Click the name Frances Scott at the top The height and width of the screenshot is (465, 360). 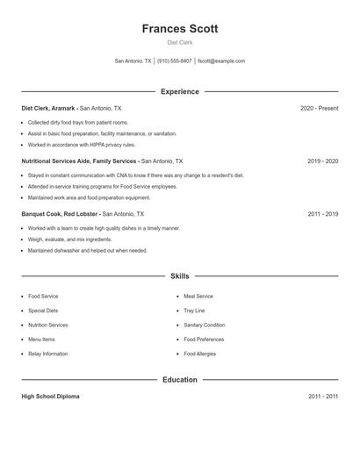[x=180, y=28]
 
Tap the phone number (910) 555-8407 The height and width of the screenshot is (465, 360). [x=176, y=61]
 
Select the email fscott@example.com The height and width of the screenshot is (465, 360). [x=221, y=61]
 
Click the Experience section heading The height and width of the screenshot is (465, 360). [x=180, y=91]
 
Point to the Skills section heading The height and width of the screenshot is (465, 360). [x=180, y=275]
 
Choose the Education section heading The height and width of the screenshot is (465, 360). [x=180, y=380]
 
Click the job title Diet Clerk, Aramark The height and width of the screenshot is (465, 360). [x=48, y=108]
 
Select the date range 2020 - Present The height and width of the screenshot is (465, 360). [x=319, y=108]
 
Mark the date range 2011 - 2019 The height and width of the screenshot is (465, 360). [x=322, y=213]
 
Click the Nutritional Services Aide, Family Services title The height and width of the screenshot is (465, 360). [x=79, y=161]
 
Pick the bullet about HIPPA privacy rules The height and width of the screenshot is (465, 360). [x=82, y=145]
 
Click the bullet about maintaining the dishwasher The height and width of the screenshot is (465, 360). [x=88, y=250]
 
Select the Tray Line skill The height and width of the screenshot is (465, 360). [x=194, y=311]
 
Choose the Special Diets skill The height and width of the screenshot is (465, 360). [x=43, y=311]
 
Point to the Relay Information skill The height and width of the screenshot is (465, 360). [x=47, y=354]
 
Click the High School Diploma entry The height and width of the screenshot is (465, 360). [x=50, y=397]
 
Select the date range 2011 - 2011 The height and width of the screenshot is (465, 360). [x=322, y=397]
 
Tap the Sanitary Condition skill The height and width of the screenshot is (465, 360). [x=205, y=325]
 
